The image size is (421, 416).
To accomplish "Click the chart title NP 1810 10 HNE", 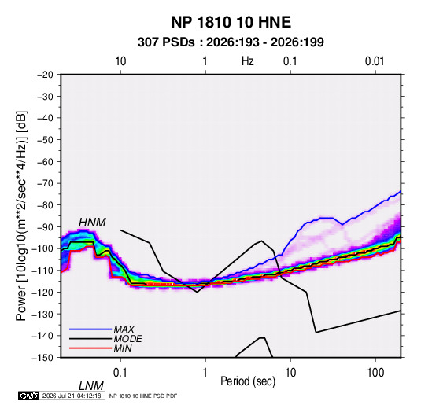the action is [231, 22].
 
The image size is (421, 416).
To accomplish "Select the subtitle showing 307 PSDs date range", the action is [231, 42].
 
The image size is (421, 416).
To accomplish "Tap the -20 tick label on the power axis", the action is [45, 75].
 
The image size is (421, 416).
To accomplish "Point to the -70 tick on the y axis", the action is [45, 183].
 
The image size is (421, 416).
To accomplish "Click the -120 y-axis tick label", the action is [43, 293].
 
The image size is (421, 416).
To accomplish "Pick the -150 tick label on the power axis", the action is [43, 358].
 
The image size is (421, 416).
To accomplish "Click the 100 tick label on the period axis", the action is [375, 373].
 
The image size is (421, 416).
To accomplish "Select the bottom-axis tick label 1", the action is [205, 373].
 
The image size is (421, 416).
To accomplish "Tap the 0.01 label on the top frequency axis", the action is [375, 61].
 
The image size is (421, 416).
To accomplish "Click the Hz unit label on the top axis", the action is [248, 61].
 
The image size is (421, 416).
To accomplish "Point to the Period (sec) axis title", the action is [248, 381].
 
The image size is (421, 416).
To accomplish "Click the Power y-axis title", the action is [21, 216].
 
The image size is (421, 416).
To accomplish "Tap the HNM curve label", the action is [92, 223].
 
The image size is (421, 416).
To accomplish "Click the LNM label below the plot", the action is [91, 386].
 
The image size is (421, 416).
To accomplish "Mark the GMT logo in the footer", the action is [28, 396].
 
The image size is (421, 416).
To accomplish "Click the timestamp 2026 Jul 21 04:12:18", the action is [72, 396].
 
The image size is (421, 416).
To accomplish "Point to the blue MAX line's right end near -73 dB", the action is [401, 191].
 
